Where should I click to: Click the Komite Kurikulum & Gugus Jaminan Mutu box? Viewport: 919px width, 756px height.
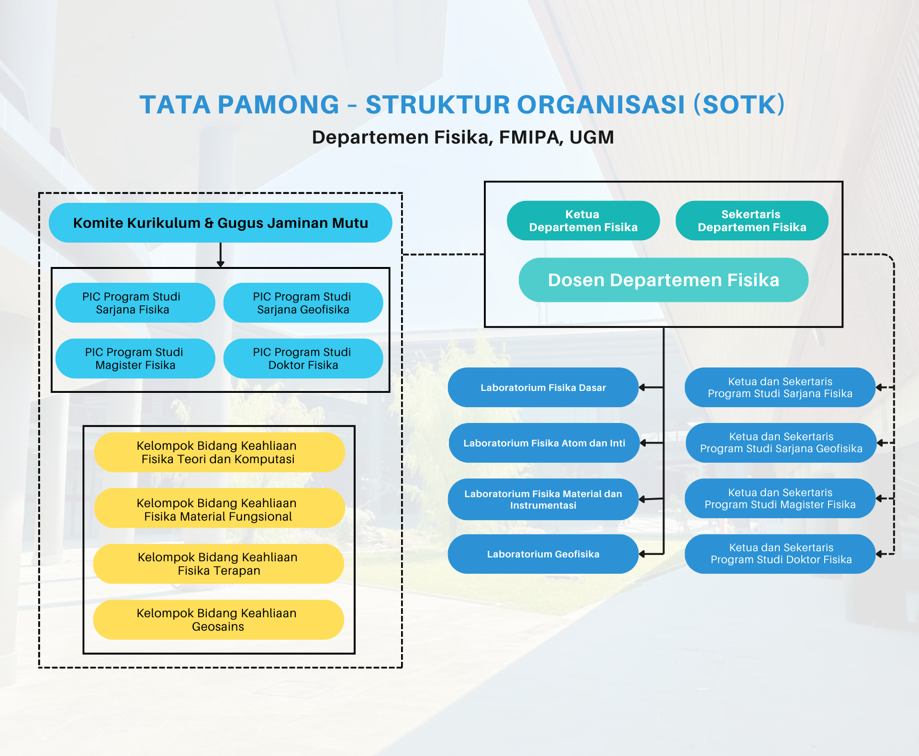[221, 223]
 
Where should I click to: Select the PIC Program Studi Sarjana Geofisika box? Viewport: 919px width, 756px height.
[303, 303]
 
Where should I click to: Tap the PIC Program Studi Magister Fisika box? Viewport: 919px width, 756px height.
[135, 358]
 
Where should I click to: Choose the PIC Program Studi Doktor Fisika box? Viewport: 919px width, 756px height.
[303, 358]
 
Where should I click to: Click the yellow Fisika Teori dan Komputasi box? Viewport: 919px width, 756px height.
[219, 452]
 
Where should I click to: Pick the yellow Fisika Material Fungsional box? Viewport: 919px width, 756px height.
[219, 508]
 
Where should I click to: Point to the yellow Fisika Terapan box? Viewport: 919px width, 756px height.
[219, 564]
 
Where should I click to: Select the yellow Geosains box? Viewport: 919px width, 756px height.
[219, 620]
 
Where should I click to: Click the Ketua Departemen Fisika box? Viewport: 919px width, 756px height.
[583, 221]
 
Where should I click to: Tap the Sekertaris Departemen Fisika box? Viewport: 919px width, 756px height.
[752, 221]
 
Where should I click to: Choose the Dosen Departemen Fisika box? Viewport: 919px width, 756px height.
[663, 280]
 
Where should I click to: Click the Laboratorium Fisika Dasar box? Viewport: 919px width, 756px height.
[543, 388]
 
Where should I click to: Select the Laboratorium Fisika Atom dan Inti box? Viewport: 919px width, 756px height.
[544, 443]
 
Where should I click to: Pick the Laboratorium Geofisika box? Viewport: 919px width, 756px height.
[543, 554]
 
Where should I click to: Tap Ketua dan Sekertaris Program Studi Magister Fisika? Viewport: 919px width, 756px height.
[780, 499]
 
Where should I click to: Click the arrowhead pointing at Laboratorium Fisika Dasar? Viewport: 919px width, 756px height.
[642, 388]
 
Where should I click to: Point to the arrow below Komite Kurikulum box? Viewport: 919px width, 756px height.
[221, 255]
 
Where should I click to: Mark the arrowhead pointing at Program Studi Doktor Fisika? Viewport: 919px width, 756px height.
[879, 554]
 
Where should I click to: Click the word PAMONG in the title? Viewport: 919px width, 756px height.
[279, 105]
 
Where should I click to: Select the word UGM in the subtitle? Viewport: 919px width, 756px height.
[592, 137]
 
